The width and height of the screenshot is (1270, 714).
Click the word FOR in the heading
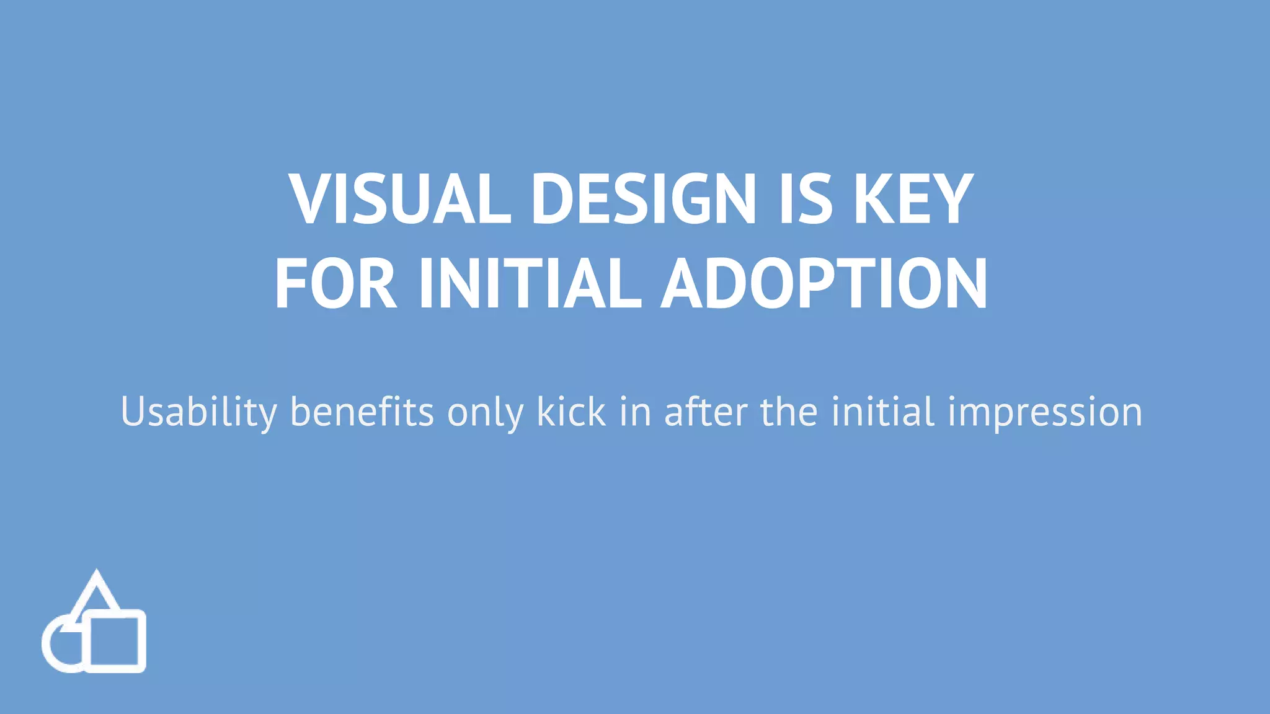335,283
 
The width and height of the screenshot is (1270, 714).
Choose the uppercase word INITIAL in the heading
530,283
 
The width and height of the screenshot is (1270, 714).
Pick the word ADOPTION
824,283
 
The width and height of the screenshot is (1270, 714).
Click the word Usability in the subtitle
198,412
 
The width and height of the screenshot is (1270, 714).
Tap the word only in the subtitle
486,412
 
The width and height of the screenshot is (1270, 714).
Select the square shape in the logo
114,641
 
